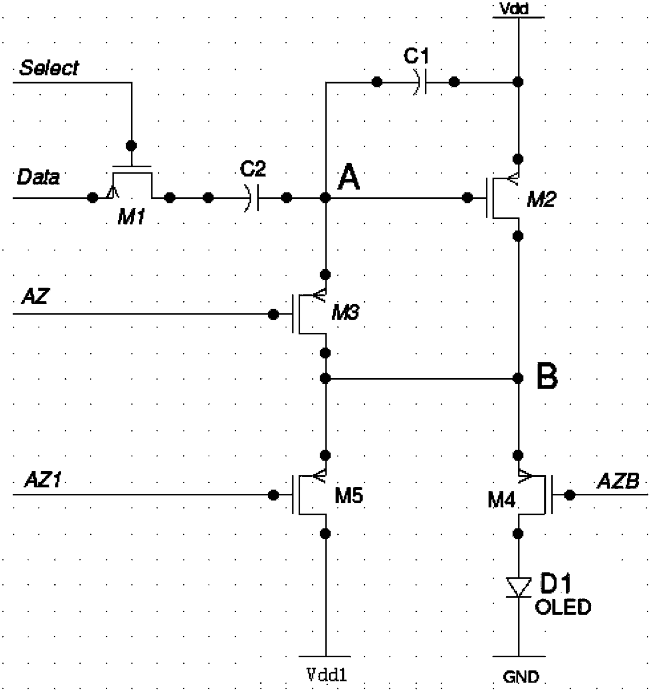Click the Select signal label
point(49,68)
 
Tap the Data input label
point(38,177)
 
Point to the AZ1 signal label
point(43,480)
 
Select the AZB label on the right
point(618,481)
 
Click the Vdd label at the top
point(514,9)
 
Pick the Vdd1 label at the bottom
point(327,675)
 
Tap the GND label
point(521,677)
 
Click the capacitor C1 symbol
point(420,82)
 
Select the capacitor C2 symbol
point(252,198)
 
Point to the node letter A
point(348,178)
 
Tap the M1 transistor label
point(131,218)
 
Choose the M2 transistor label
point(541,200)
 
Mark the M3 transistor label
point(345,312)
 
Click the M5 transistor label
point(349,495)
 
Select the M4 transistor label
point(502,501)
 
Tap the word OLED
point(563,607)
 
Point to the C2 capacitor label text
point(253,169)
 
